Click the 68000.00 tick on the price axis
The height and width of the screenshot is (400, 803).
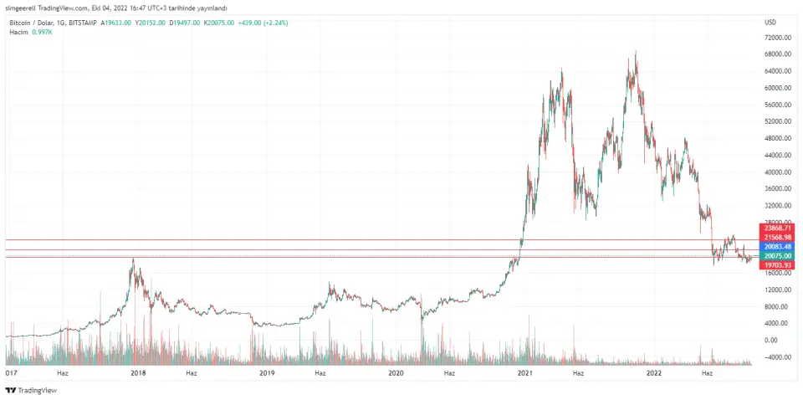tap(778, 54)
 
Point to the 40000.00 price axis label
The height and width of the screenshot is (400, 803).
tap(778, 172)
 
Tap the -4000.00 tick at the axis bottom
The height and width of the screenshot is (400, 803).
tap(778, 356)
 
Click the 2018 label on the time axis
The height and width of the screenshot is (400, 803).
tap(137, 373)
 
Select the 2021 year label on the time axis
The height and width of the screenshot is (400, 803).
tap(524, 373)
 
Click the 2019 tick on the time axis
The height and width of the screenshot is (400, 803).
tap(267, 373)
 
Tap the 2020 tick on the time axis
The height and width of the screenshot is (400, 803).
tap(396, 373)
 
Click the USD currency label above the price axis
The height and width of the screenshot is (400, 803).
tap(771, 23)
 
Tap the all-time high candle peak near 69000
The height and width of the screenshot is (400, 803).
tap(636, 52)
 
